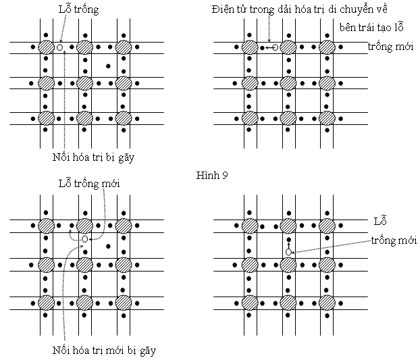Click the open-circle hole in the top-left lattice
click(x=59, y=48)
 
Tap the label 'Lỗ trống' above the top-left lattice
click(x=78, y=9)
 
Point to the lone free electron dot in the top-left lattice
click(x=108, y=66)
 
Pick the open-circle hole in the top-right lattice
click(x=275, y=48)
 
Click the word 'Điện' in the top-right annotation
click(x=225, y=9)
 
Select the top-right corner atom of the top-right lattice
click(x=327, y=47)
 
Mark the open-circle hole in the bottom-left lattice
click(x=84, y=239)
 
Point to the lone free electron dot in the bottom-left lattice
click(x=108, y=246)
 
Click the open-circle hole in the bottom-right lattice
click(x=288, y=252)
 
